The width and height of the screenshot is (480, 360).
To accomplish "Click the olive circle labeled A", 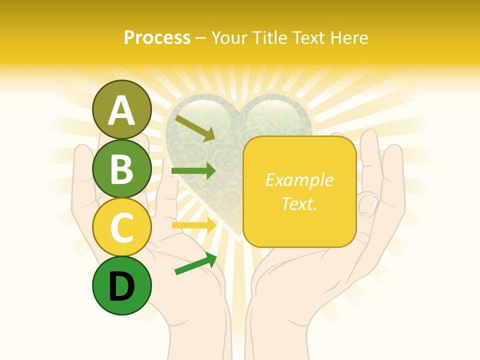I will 121,109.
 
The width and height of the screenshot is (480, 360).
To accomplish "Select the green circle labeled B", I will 121,168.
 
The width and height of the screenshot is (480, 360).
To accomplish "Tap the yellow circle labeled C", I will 121,227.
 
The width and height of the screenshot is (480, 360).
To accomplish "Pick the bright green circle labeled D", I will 121,285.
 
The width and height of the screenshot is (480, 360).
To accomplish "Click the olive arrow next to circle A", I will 195,128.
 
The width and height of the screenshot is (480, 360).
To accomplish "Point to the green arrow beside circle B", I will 193,171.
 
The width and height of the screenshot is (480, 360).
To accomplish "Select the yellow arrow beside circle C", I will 193,225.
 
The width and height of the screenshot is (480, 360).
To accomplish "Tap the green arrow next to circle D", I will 195,263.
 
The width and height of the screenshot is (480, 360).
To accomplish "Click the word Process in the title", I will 157,37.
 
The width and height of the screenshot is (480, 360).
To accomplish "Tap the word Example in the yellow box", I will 299,180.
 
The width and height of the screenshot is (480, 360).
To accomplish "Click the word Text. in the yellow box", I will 299,203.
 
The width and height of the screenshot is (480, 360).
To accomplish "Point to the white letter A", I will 121,110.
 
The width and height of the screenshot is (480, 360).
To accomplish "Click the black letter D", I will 121,286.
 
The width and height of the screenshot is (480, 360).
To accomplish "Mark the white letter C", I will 121,228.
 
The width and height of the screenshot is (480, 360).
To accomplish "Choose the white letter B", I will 121,169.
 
